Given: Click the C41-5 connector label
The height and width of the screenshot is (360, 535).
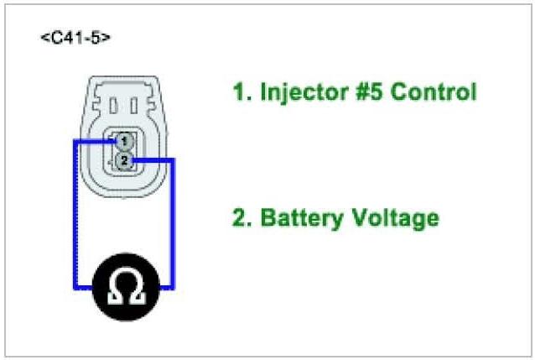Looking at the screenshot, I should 75,39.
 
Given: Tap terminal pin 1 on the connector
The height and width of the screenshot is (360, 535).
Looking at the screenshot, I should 122,140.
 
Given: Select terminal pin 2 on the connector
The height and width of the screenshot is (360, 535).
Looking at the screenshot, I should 123,159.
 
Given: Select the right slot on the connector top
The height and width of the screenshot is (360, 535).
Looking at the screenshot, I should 140,105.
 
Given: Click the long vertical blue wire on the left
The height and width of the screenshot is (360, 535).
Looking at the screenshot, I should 75,214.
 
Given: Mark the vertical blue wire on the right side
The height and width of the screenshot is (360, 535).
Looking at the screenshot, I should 173,222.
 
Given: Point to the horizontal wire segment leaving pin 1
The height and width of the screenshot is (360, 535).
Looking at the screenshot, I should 94,141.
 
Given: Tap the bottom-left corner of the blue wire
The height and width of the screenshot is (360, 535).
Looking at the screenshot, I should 75,288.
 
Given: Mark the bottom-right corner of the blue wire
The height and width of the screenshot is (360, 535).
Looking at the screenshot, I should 173,288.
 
